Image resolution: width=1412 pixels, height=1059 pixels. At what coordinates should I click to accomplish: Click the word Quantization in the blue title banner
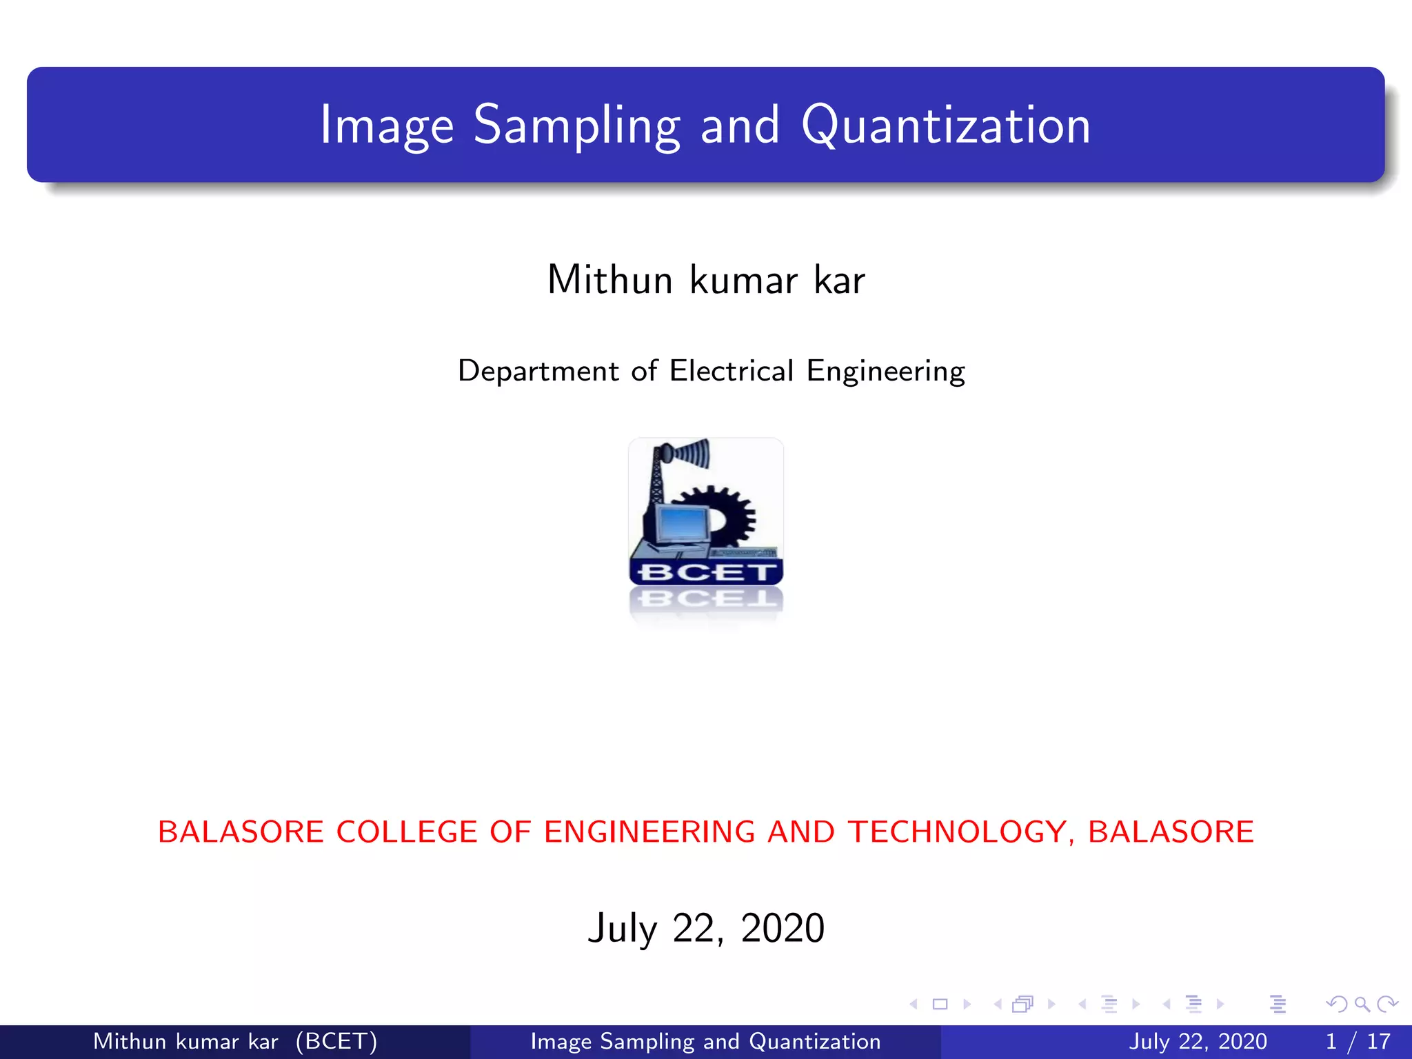[946, 125]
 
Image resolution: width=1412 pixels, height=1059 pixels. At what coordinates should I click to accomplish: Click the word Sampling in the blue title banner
[576, 125]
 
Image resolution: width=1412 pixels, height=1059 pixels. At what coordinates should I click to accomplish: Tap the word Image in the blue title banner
[387, 125]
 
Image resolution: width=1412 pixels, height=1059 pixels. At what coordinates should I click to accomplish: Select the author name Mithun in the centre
[609, 280]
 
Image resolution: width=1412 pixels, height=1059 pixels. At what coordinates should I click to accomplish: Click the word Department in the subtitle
[538, 371]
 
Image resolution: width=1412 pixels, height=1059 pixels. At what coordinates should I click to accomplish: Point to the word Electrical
[732, 371]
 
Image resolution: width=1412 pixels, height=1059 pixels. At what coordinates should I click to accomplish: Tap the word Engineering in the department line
[886, 371]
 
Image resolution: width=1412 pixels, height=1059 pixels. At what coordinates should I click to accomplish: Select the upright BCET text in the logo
[705, 572]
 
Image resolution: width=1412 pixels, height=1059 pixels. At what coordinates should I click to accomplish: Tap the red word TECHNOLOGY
[957, 831]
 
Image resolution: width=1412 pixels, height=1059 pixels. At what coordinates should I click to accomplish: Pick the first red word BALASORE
[240, 831]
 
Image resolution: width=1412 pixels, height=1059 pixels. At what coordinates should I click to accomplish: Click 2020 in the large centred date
[782, 928]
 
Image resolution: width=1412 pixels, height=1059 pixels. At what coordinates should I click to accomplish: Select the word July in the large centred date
[623, 928]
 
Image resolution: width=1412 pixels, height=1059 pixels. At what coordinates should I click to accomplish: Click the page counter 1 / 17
[1358, 1041]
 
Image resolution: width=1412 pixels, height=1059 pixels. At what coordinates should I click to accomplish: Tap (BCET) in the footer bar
[336, 1041]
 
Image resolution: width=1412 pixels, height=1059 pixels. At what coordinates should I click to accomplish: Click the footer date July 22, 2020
[1198, 1041]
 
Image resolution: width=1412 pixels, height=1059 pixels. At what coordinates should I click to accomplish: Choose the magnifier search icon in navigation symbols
[1362, 1004]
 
